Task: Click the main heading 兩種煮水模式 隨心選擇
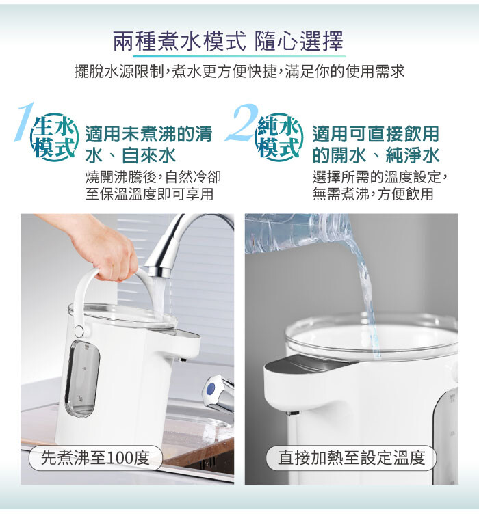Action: [229, 41]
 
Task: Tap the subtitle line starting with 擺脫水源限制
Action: [239, 72]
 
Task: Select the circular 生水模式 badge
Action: [54, 137]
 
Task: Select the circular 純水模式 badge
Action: [279, 137]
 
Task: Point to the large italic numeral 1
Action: [24, 122]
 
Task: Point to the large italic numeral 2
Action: [242, 122]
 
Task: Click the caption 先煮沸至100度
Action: [96, 458]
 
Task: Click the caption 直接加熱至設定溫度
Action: [351, 458]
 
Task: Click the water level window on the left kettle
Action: [82, 378]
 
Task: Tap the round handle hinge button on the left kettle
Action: [79, 331]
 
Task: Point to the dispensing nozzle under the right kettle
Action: [292, 413]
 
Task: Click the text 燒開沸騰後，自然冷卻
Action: [153, 177]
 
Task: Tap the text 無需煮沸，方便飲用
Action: [373, 193]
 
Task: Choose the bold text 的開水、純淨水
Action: [376, 155]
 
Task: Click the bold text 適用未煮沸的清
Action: [148, 134]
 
